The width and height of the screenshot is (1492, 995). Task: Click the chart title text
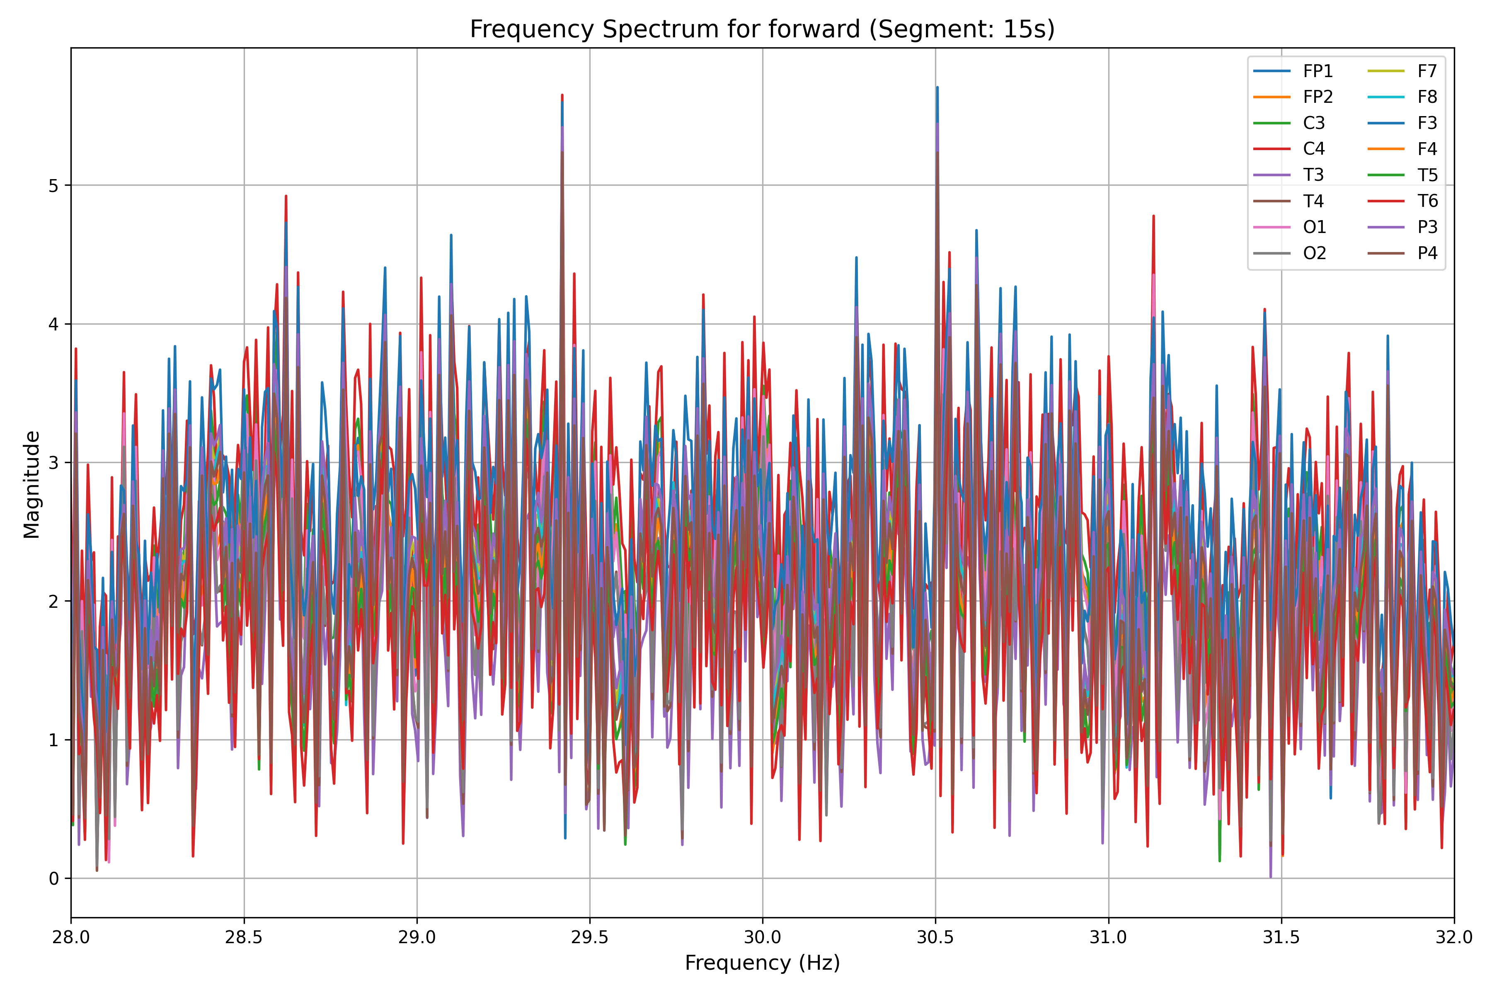pos(762,29)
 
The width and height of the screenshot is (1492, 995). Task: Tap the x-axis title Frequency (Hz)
pos(762,963)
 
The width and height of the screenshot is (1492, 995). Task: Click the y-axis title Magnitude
pos(32,484)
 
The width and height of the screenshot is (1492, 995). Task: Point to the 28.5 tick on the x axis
pos(244,937)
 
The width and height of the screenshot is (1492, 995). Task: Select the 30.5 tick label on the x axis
pos(935,937)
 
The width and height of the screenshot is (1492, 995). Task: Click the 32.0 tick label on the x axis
pos(1453,937)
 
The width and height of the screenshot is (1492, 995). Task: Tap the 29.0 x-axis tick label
pos(417,937)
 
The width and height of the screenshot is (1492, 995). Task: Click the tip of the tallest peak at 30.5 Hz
pos(937,87)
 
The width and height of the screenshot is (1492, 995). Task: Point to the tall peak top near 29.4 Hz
pos(562,95)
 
